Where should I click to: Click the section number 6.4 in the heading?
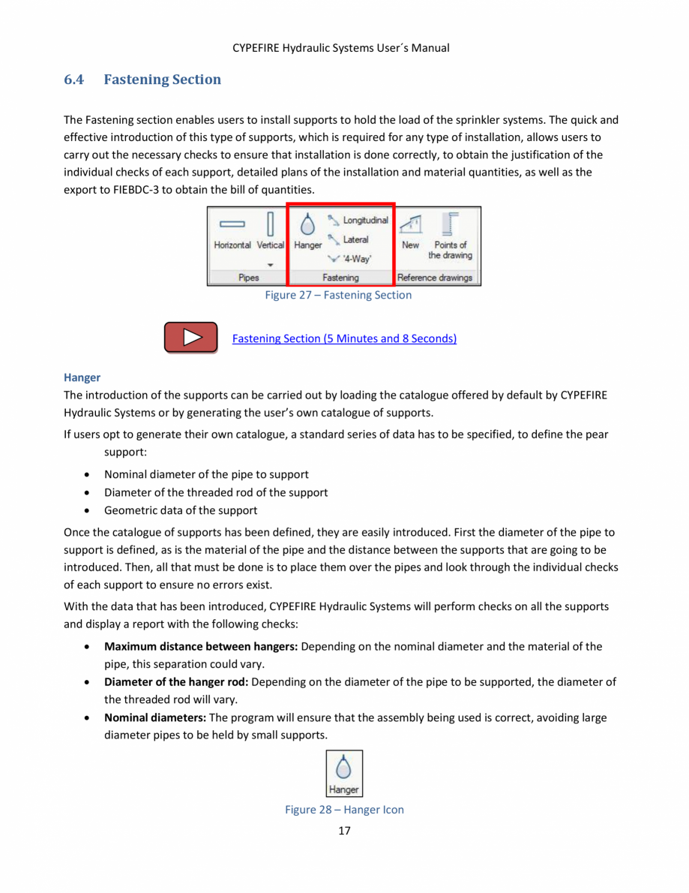(74, 80)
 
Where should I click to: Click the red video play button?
(191, 338)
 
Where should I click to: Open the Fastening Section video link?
(344, 338)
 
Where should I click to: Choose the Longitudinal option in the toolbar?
(358, 221)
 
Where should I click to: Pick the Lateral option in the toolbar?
(349, 240)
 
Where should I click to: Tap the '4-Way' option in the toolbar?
(349, 259)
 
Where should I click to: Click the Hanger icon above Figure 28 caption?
(344, 774)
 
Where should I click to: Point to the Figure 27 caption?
(338, 296)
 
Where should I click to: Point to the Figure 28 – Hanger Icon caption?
(344, 810)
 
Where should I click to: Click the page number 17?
(344, 830)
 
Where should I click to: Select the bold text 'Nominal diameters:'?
(155, 718)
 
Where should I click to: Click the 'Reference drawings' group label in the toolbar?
(435, 278)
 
